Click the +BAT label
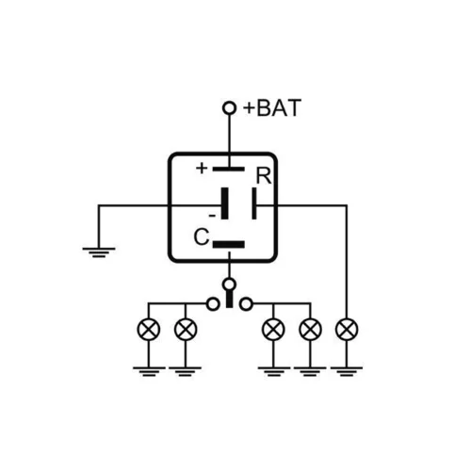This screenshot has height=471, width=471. point(272,108)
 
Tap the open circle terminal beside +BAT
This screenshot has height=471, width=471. point(229,108)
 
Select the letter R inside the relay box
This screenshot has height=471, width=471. point(264,176)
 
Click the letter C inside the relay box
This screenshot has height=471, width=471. point(202,236)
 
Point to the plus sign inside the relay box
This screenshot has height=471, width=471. point(202,169)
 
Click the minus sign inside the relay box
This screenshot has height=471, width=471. point(212,216)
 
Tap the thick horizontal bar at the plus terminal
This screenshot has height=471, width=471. point(229,170)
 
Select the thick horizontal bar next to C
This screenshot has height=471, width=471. point(229,244)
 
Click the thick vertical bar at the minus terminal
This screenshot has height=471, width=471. point(225,203)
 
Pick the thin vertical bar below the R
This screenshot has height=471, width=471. point(254,203)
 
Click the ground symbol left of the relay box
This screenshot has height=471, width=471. point(99,252)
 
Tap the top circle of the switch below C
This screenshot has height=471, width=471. point(229,284)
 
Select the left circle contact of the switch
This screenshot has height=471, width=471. point(213,304)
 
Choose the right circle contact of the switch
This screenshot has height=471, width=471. point(246,304)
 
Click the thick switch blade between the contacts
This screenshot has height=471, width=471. point(230,299)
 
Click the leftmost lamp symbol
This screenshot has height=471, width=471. point(149,330)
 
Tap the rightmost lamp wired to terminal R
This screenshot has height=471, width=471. point(347,330)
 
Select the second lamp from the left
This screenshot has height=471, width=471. point(186,330)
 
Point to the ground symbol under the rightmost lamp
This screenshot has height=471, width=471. point(347,371)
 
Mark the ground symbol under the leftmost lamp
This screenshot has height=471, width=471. point(149,371)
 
